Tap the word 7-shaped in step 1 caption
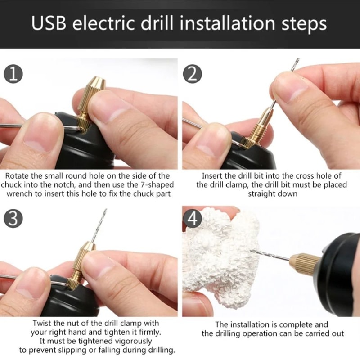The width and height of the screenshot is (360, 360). click(151, 185)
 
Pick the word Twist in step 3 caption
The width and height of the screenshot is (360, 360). click(42, 323)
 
